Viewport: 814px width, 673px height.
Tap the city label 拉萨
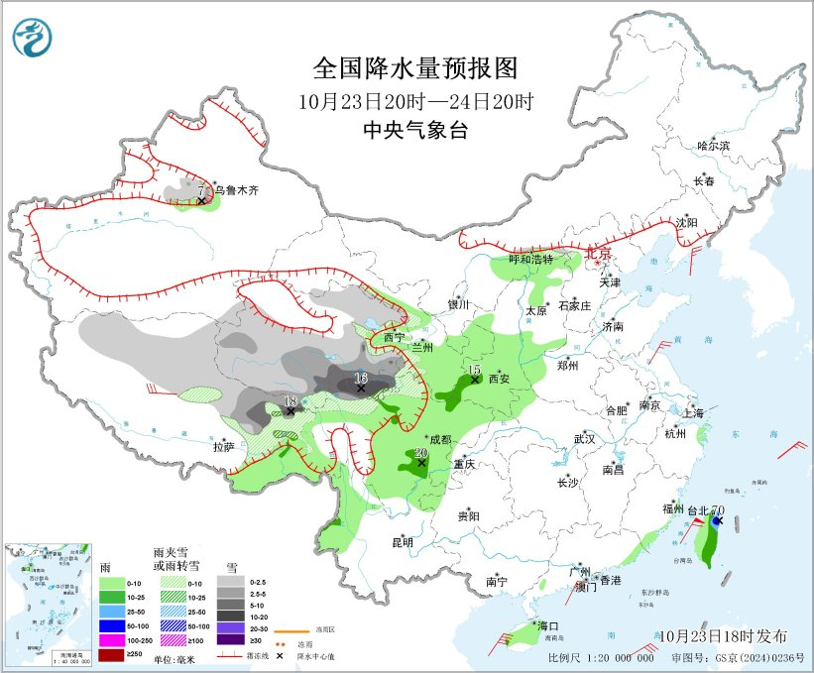(223, 447)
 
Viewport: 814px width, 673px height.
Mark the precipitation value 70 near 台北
(717, 510)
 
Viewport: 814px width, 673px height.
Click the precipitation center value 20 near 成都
(420, 452)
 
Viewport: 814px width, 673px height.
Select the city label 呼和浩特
(530, 259)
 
